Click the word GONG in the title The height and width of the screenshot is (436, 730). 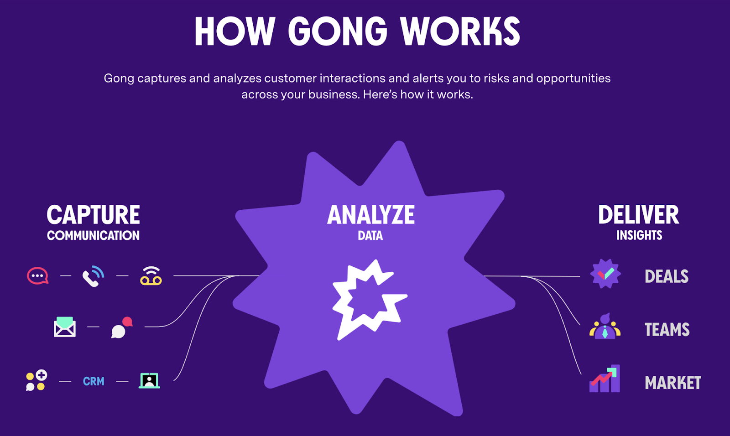coord(338,31)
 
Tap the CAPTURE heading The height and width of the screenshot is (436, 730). coord(93,215)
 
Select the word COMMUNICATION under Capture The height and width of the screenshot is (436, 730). coord(93,235)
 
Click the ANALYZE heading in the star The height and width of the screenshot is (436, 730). coord(371,215)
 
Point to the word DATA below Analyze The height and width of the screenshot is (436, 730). coord(370,235)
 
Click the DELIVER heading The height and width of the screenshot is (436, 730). coord(639,215)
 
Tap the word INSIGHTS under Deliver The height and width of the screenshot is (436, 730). coord(639,235)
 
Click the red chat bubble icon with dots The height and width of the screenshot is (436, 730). coord(38,275)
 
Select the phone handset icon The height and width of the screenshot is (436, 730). coord(93,276)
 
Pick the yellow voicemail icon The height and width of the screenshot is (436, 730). coord(151,276)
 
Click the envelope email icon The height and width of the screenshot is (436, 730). coord(64,327)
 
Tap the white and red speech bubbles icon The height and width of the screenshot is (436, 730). coord(122,327)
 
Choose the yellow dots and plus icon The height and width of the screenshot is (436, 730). coord(36,380)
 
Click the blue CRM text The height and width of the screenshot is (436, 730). coord(94,381)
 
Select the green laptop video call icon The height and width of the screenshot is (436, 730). coord(149,381)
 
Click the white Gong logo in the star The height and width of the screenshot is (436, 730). coord(370,300)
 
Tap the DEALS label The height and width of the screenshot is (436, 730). coord(667,276)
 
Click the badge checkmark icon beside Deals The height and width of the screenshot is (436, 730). coord(605,274)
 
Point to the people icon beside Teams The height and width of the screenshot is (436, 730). coord(605,327)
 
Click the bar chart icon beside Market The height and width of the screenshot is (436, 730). coord(605,379)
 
